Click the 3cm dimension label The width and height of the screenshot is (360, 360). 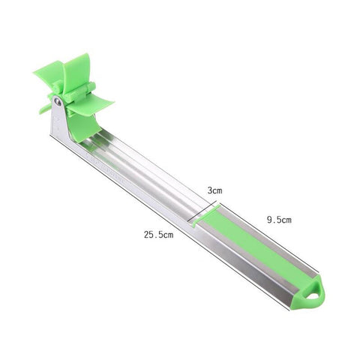point(215,191)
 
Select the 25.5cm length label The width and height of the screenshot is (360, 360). point(159,235)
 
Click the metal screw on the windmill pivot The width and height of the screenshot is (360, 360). point(58,101)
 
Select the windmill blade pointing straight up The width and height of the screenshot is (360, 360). point(77,71)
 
